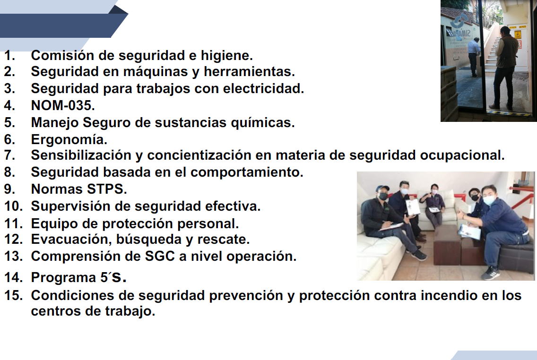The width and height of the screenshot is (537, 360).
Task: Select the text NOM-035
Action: pos(63,105)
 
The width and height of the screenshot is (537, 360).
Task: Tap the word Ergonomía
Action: pos(69,140)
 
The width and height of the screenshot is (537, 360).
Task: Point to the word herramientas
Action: pos(249,71)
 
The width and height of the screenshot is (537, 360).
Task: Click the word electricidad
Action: pos(263,88)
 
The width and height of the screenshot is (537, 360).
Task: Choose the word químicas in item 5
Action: pos(263,122)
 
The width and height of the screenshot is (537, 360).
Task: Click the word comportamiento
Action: pos(247,172)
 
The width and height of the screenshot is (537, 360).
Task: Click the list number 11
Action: pos(13,223)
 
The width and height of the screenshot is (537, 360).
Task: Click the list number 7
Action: pos(10,155)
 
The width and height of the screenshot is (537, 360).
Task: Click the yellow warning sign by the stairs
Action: pos(517,35)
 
